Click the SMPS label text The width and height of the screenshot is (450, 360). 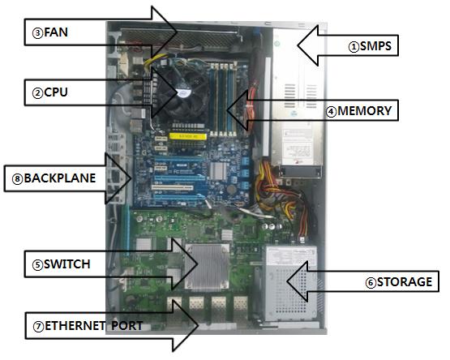click(375, 46)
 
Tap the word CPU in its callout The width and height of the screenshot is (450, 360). click(56, 92)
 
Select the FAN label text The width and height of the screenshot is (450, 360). click(56, 32)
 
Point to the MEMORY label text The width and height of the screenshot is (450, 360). click(365, 111)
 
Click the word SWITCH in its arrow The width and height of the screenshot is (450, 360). click(66, 264)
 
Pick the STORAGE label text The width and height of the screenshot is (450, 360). click(405, 282)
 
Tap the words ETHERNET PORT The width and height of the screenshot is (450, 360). click(93, 326)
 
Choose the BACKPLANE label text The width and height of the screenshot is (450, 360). click(60, 178)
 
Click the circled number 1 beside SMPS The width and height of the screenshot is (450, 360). click(354, 47)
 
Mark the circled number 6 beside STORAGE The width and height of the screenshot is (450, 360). click(371, 283)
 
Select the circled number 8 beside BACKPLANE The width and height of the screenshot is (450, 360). click(18, 179)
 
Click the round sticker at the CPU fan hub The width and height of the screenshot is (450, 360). click(182, 92)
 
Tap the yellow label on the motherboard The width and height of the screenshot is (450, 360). click(187, 136)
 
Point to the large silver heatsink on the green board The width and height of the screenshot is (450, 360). click(207, 267)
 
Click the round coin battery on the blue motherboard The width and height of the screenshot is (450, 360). click(231, 189)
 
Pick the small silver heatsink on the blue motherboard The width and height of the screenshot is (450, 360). click(217, 171)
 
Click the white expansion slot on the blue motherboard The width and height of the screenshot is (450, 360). click(172, 188)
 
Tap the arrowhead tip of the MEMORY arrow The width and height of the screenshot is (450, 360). click(226, 109)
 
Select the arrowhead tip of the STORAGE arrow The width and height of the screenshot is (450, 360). click(286, 281)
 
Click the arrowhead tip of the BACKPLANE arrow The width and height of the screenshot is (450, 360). click(131, 178)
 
